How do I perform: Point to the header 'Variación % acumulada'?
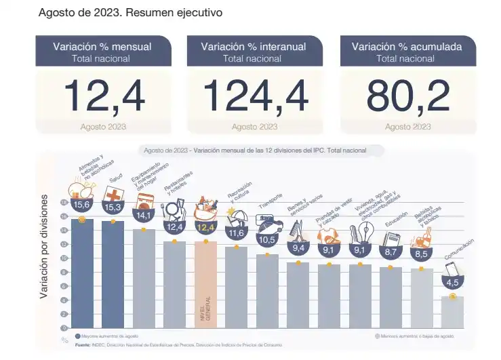point(407,47)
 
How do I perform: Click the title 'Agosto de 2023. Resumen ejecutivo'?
point(131,13)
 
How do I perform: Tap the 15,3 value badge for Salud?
point(113,206)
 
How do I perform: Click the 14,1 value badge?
point(144,216)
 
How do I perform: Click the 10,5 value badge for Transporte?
point(266,240)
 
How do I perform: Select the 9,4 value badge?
point(298,248)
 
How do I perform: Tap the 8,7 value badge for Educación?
point(390,252)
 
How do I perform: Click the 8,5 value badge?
point(421,254)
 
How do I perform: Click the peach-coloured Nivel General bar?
point(205,285)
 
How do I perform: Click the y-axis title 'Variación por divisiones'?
point(44,245)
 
